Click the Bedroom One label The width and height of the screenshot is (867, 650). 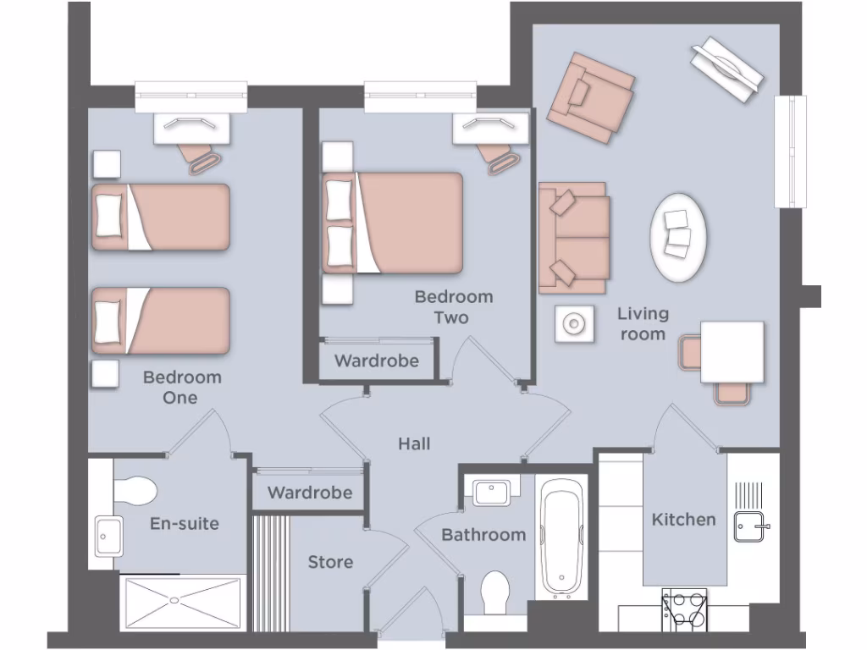181,387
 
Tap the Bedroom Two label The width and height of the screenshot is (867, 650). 452,307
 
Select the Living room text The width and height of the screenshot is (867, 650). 643,323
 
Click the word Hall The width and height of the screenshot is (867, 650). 414,443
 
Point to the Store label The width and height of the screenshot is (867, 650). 330,562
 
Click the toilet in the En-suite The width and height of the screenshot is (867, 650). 134,490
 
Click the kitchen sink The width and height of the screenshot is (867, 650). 749,526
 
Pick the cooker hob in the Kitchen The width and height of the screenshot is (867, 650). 684,609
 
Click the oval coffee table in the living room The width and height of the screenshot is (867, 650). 678,237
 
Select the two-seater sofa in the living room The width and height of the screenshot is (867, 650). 573,237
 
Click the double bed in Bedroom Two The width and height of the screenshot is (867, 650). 393,223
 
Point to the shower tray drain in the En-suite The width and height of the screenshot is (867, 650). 174,599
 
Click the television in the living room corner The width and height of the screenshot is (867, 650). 726,70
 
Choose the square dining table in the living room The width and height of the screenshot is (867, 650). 732,351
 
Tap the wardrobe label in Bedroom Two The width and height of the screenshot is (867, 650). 376,361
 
